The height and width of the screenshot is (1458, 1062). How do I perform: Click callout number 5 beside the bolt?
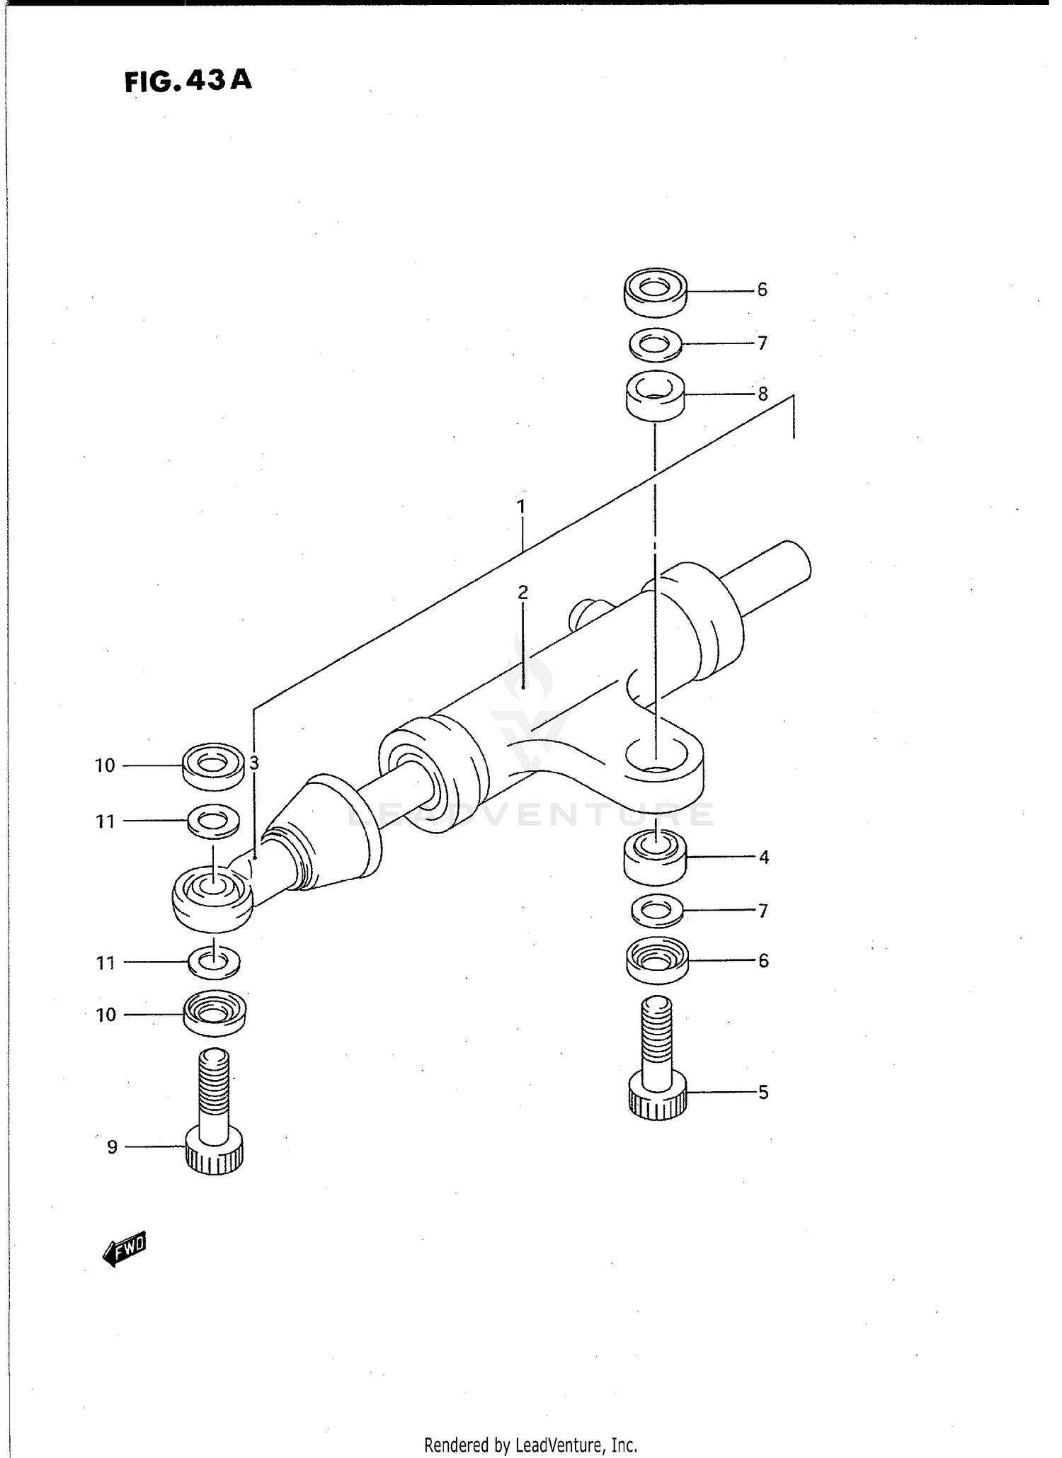click(763, 1092)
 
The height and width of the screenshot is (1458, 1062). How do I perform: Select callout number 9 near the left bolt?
click(112, 1146)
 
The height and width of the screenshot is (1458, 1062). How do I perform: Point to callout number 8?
click(763, 394)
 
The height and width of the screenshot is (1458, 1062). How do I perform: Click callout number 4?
click(763, 857)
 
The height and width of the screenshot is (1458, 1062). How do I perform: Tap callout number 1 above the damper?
click(521, 507)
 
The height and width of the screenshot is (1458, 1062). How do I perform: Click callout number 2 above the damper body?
click(523, 592)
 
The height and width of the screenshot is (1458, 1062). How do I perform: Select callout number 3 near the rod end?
click(254, 763)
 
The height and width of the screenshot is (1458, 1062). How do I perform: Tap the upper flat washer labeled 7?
click(656, 344)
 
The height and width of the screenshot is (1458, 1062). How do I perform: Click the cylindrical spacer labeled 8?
click(655, 395)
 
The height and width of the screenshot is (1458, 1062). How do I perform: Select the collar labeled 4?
click(655, 858)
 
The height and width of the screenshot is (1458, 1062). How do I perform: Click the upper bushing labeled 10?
click(212, 765)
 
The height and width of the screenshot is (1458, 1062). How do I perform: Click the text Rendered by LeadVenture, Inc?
click(530, 1445)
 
